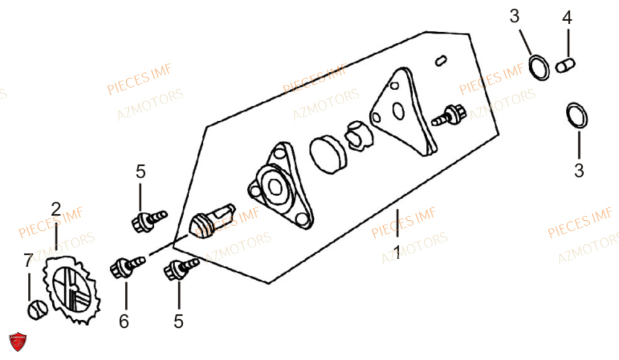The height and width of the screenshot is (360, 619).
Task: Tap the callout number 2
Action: point(56,209)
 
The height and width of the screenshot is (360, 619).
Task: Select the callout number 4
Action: point(567,18)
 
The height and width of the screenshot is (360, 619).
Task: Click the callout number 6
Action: point(124,322)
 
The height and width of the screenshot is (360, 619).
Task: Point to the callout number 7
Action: point(28,260)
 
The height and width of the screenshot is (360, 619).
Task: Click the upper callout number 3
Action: point(514,16)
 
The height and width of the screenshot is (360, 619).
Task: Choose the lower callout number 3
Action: point(579,171)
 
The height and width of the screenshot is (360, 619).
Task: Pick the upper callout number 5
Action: point(141,172)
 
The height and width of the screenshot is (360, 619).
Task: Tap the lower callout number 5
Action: point(178,322)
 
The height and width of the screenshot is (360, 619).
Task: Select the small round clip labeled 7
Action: point(38,309)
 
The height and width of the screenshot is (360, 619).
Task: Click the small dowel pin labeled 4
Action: point(565,66)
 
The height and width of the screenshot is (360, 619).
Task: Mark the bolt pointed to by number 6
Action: point(127,267)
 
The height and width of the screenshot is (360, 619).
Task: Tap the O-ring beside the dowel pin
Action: point(539,67)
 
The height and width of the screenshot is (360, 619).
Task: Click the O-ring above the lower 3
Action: point(577,115)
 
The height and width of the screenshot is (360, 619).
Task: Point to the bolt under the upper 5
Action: point(149,221)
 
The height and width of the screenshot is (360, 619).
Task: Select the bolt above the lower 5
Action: point(181,269)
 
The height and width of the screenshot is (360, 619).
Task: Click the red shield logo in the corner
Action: point(18,342)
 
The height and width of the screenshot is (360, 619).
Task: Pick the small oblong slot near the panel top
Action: point(441,61)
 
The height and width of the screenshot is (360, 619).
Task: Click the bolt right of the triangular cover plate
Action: point(449,115)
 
